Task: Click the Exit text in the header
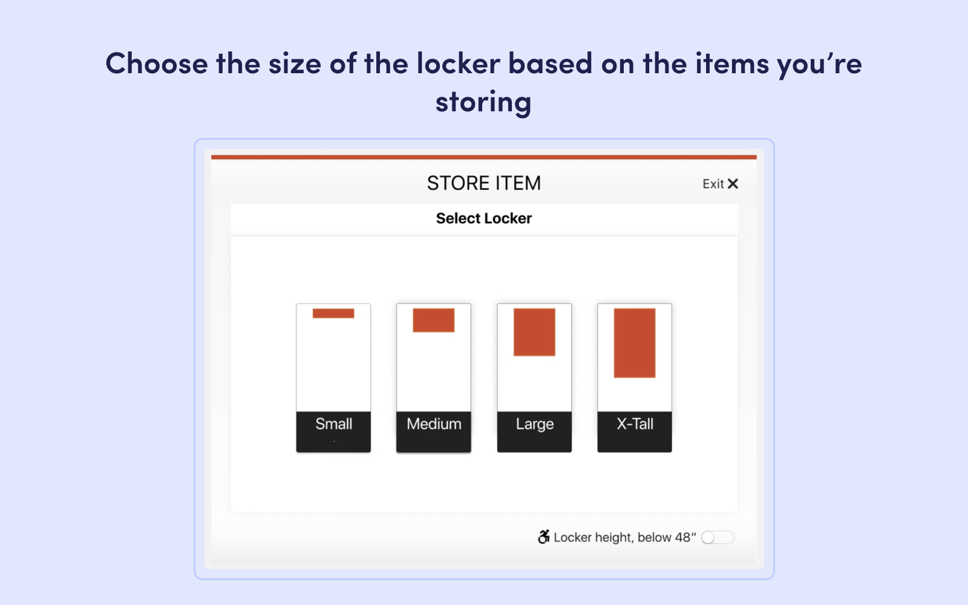click(713, 184)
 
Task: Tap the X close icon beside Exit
click(733, 183)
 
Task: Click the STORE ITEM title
click(483, 183)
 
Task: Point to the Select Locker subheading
click(483, 218)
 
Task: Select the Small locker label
click(333, 424)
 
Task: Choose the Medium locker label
click(434, 424)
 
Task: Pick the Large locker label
click(534, 424)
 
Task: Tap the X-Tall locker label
click(635, 424)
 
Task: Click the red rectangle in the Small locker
click(333, 313)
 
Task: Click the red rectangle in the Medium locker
click(434, 320)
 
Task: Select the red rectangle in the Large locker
click(534, 332)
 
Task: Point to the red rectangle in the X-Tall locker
click(635, 343)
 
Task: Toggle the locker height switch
click(718, 537)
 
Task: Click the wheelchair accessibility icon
click(544, 537)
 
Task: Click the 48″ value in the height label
click(685, 537)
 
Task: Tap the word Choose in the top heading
click(157, 64)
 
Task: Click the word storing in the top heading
click(483, 102)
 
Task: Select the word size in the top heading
click(295, 64)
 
